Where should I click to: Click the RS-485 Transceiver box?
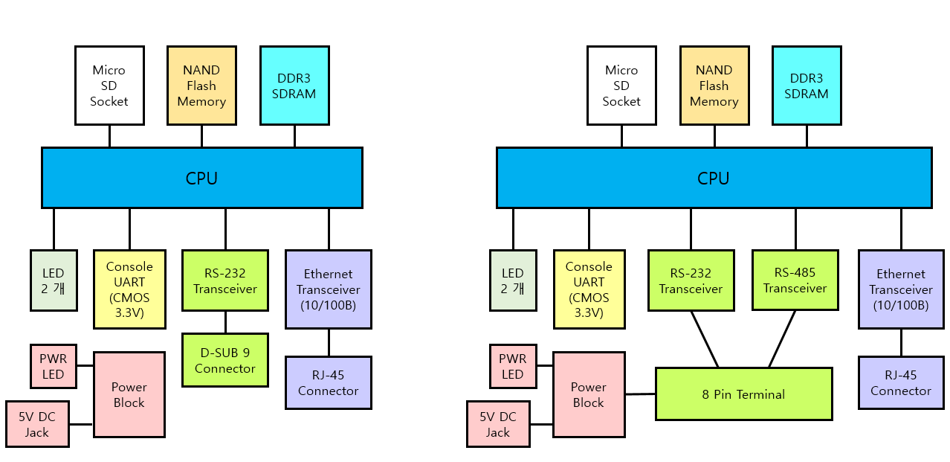coord(795,280)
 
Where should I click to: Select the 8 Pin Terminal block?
coord(744,394)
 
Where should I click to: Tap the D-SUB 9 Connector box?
coord(225,360)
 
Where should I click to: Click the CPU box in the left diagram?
coord(202,178)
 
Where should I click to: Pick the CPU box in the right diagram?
coord(714,178)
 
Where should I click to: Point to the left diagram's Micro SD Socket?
coord(109,86)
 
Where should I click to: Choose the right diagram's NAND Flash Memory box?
coord(714,86)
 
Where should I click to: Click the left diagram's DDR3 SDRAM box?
coord(295,86)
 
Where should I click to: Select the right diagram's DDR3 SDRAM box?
coord(807,86)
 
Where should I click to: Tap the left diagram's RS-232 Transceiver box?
coord(225,280)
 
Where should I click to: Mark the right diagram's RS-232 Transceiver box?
coord(691,280)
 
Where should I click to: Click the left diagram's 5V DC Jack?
coord(37,424)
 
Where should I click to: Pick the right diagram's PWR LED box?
coord(513,367)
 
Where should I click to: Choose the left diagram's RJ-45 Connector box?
coord(329,382)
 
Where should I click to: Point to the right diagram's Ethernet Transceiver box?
coord(901,289)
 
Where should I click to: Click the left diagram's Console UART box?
coord(129,289)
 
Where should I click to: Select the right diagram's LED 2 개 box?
coord(513,280)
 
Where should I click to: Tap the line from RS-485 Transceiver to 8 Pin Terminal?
coord(782,339)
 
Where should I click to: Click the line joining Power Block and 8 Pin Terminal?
coord(640,394)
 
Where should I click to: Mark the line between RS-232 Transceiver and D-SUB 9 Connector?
coord(225,322)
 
